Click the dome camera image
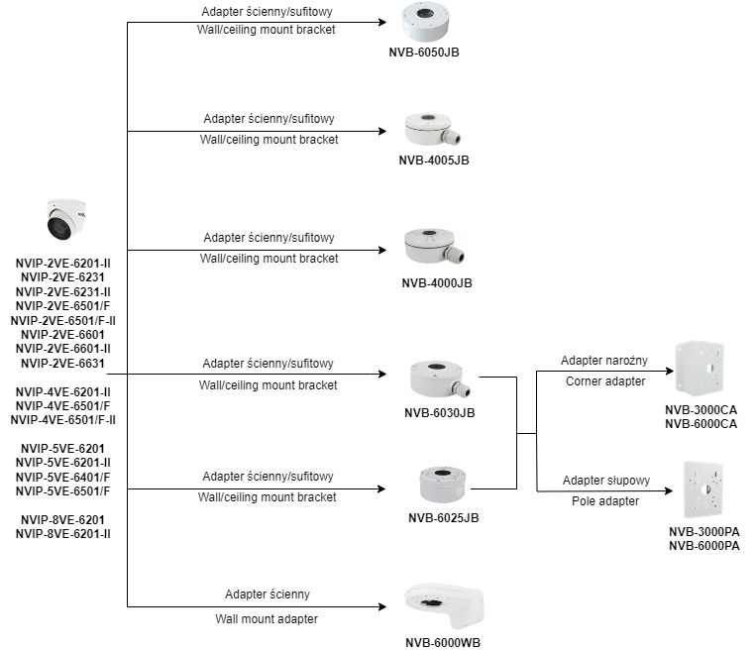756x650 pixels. [x=66, y=219]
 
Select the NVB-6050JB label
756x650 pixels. [x=424, y=53]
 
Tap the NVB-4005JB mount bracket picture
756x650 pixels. [x=432, y=129]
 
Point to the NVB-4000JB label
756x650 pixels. [x=437, y=283]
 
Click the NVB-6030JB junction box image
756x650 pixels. [x=440, y=379]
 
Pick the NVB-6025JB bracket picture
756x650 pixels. [x=443, y=485]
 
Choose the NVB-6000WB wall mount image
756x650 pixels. [x=444, y=605]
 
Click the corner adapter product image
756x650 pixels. [x=701, y=368]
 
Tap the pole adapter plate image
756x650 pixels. [x=703, y=488]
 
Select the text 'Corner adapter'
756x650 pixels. [x=605, y=381]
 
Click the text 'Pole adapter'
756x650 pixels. [x=605, y=501]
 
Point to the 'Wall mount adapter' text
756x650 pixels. [x=267, y=618]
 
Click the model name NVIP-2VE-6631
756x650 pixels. [x=62, y=363]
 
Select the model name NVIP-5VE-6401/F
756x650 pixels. [x=62, y=477]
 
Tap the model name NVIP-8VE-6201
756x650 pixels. [x=62, y=520]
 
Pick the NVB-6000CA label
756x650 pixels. [x=702, y=424]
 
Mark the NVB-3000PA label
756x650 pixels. [x=703, y=532]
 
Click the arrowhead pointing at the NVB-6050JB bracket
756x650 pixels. [x=382, y=22]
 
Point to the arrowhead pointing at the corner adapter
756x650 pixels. [x=670, y=371]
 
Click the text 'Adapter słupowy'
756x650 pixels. [x=606, y=481]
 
